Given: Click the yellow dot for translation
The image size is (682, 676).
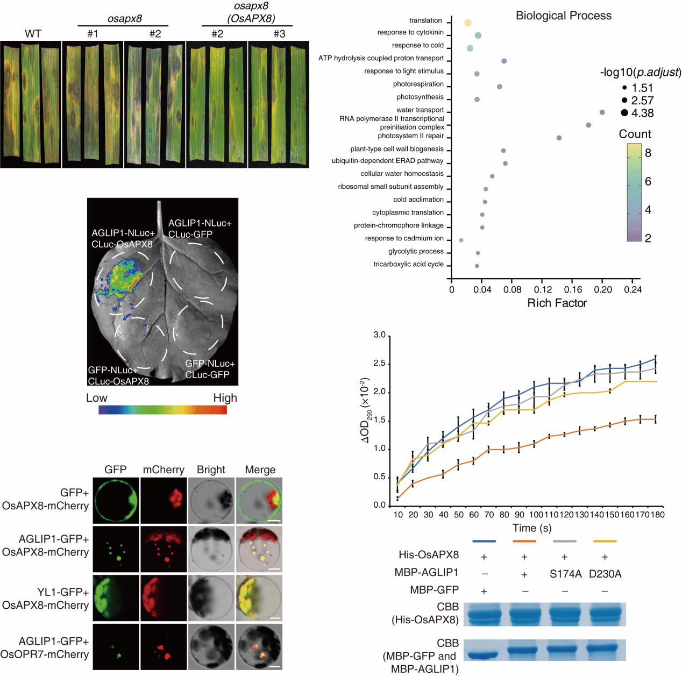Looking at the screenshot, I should (467, 23).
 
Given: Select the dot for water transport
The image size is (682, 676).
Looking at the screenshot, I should (602, 112).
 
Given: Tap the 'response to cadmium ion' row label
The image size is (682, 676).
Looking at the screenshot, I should (404, 238).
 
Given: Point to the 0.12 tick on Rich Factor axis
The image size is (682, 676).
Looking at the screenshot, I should (543, 289).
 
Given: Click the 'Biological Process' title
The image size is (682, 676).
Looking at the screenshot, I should (563, 16).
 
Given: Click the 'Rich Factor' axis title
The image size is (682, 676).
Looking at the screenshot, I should (557, 303).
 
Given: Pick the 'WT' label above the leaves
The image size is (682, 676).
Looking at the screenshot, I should (33, 33).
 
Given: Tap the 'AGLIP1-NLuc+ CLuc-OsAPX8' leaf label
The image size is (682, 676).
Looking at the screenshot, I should (123, 238).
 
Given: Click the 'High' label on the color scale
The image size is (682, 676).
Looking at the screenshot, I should (225, 398).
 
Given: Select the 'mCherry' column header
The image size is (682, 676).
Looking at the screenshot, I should (164, 469).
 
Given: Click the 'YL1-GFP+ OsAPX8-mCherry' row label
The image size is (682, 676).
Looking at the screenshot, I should (46, 599).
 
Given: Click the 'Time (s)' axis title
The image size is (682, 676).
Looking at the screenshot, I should (531, 528).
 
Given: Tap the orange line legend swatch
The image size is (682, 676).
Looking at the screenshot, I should (524, 541).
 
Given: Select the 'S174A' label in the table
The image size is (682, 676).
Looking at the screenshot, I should (565, 574).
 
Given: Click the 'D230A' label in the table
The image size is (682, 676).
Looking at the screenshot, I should (605, 574).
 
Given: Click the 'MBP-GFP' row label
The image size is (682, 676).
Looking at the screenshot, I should (434, 590).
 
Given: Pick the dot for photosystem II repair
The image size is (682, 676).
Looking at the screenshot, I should (559, 138).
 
